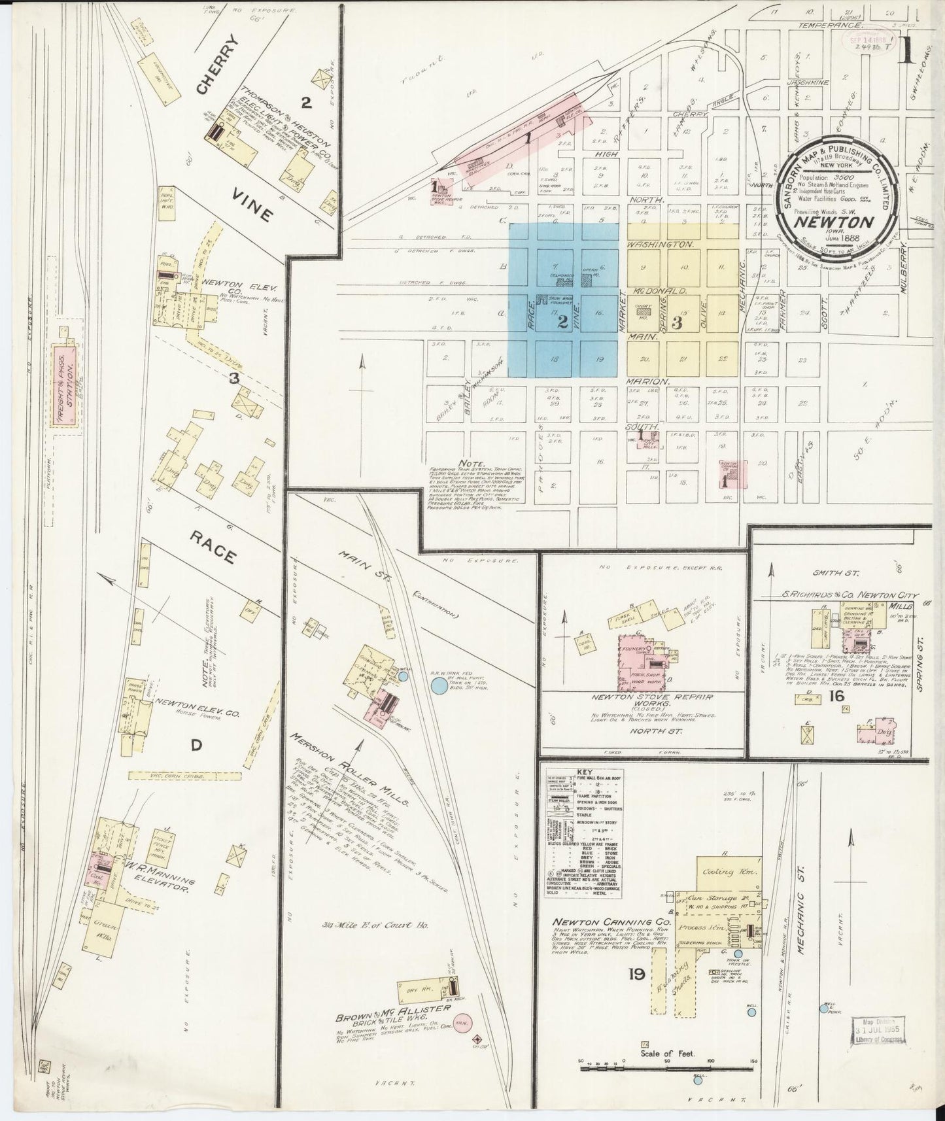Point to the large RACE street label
[x=213, y=547]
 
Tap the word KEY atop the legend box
[x=585, y=772]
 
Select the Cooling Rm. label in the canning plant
[x=721, y=873]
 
